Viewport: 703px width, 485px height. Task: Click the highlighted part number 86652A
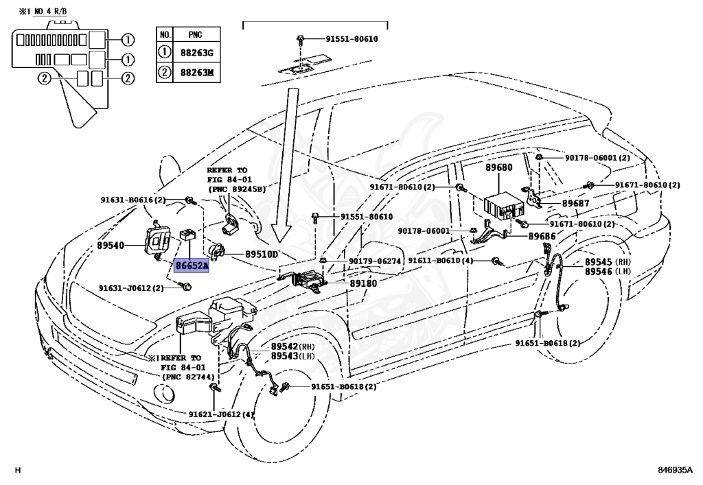coord(192,266)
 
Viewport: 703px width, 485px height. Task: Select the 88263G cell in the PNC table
coord(196,53)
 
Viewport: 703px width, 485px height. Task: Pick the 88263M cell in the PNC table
coord(196,72)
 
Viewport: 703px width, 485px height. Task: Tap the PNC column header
coord(196,34)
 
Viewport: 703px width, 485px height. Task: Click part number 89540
coord(111,246)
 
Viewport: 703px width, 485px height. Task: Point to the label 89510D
coord(262,255)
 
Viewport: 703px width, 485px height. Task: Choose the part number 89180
coord(364,283)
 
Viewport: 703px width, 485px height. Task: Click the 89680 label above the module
coord(499,167)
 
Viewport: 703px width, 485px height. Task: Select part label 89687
coord(576,203)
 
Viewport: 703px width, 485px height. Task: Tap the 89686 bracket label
coord(542,236)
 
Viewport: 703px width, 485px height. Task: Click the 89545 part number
coord(598,262)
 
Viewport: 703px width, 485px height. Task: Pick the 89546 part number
coord(598,272)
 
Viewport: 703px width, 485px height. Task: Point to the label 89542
coord(284,346)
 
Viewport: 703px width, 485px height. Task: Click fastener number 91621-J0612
coord(215,415)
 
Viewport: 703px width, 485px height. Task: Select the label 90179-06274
coord(375,261)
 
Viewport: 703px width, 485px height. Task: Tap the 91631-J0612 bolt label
coord(125,288)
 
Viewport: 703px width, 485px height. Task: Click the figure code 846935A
coord(676,470)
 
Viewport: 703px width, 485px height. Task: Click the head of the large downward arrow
coord(281,236)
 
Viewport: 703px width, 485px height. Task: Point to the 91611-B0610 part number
coord(435,261)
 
